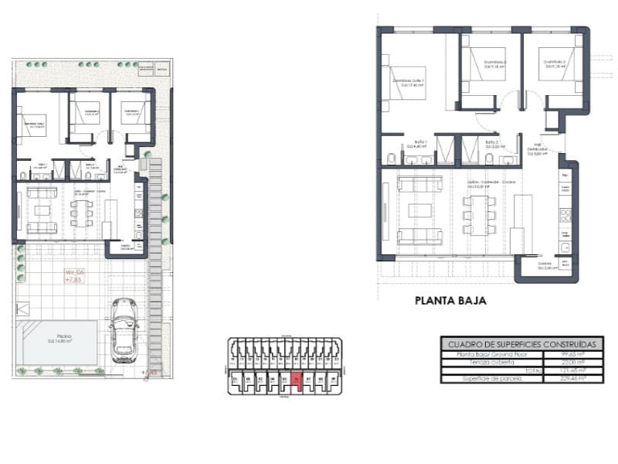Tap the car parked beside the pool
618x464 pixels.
124,330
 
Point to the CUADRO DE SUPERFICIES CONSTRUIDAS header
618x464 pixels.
521,344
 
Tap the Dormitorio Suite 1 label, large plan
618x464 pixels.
409,82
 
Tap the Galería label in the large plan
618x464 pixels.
545,265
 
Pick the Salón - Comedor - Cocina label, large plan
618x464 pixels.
491,184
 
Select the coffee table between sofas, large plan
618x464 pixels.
421,210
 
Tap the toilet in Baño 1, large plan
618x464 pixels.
391,159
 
